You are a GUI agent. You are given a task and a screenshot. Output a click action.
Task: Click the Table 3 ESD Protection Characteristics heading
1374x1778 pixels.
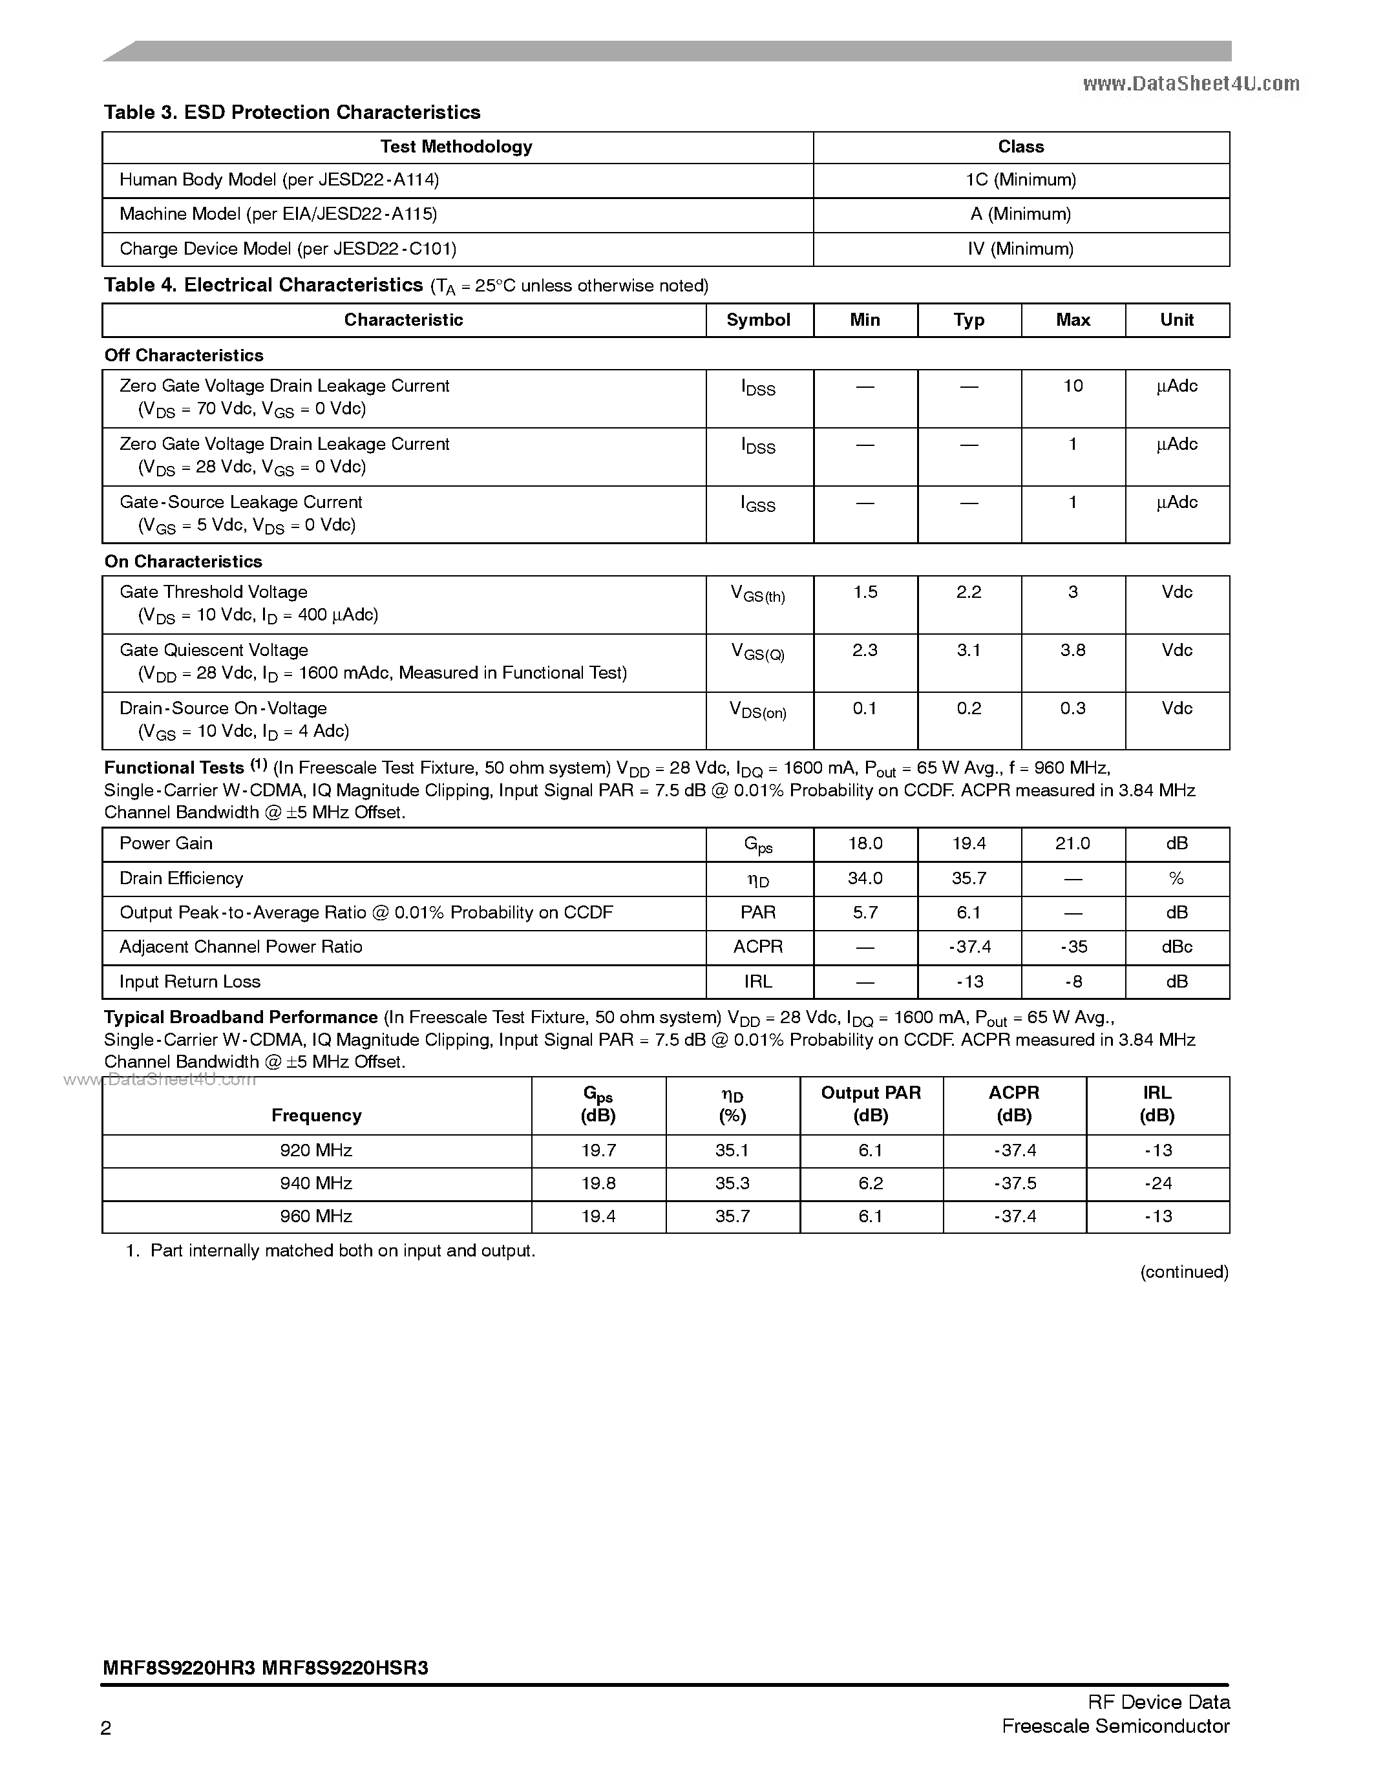point(291,112)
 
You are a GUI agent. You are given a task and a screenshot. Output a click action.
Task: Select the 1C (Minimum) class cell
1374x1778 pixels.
point(1020,180)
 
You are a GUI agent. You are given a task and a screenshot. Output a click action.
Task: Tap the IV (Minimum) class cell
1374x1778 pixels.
point(1020,249)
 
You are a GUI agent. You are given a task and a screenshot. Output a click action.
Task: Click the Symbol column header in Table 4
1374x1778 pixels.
point(758,320)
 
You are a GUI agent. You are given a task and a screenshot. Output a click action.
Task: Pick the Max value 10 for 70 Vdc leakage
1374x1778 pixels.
point(1073,386)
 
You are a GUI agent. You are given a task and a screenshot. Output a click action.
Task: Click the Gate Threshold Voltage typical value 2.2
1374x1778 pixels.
point(969,593)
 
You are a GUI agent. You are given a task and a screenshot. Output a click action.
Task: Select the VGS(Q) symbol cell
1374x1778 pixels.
point(758,652)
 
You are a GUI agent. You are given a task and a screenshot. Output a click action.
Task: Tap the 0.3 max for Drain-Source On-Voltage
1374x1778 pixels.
point(1073,709)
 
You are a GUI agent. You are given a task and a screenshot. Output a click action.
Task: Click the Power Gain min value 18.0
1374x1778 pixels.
point(865,844)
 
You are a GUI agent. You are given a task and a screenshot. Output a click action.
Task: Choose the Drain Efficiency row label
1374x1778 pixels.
point(181,878)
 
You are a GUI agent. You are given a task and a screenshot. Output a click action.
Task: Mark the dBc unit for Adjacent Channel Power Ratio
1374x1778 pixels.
point(1176,947)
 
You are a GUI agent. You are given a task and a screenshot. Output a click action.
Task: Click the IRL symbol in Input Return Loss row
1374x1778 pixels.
point(758,982)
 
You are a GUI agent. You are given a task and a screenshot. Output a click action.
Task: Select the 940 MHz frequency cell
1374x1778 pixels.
point(316,1183)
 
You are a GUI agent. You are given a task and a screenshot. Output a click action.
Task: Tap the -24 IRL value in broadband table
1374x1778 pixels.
point(1157,1183)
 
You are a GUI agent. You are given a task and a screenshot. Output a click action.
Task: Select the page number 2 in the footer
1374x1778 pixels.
point(107,1728)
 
